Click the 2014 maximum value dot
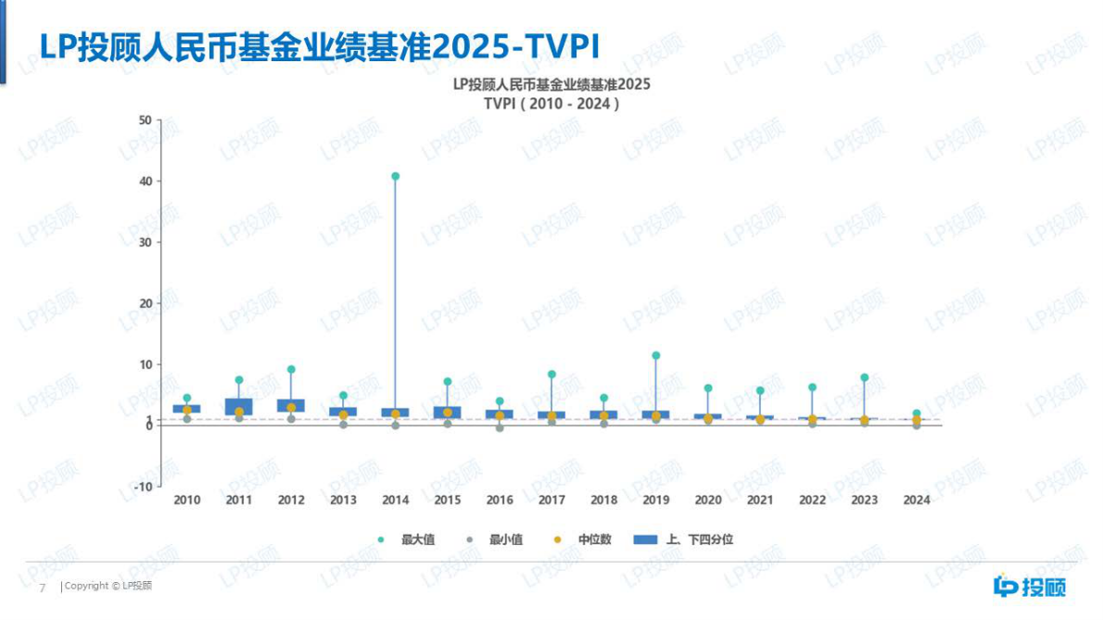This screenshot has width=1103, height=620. click(x=396, y=176)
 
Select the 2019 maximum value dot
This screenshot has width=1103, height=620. click(x=656, y=355)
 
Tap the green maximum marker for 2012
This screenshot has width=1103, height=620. click(x=291, y=370)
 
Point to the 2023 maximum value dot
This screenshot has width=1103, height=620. click(x=865, y=377)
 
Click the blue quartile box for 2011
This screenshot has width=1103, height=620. click(x=239, y=407)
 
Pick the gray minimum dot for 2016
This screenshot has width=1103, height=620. click(x=500, y=428)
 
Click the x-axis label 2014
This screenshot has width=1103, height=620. click(x=396, y=500)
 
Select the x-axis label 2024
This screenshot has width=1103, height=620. click(x=917, y=500)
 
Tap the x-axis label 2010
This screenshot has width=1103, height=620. click(x=187, y=500)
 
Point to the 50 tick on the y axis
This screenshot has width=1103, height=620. click(x=144, y=120)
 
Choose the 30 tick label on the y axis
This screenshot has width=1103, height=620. click(x=144, y=243)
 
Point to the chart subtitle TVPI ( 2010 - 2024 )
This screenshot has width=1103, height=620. click(x=551, y=104)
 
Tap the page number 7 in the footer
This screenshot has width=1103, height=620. click(x=41, y=588)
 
